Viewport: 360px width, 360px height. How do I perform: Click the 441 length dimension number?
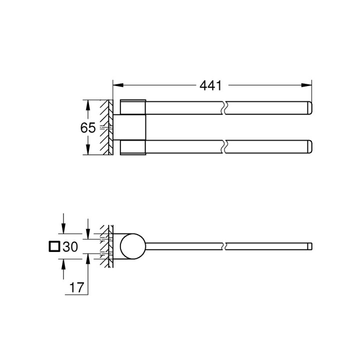[x=210, y=85]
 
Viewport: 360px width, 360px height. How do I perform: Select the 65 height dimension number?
[x=88, y=128]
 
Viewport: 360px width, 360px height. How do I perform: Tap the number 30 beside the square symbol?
[x=70, y=246]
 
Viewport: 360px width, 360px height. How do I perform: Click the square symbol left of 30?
[x=54, y=246]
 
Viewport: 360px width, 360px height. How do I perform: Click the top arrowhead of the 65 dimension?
[x=88, y=104]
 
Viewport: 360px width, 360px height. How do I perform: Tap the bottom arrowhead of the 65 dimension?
[x=88, y=152]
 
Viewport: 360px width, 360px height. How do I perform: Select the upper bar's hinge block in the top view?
[x=133, y=107]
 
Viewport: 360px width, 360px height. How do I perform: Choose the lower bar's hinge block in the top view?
[x=133, y=148]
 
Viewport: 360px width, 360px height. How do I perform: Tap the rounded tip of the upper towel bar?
[x=309, y=107]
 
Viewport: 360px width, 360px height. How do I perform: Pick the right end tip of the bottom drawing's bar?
[x=310, y=246]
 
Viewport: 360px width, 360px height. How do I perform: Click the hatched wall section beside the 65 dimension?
[x=106, y=128]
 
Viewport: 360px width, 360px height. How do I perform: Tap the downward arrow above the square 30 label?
[x=63, y=227]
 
